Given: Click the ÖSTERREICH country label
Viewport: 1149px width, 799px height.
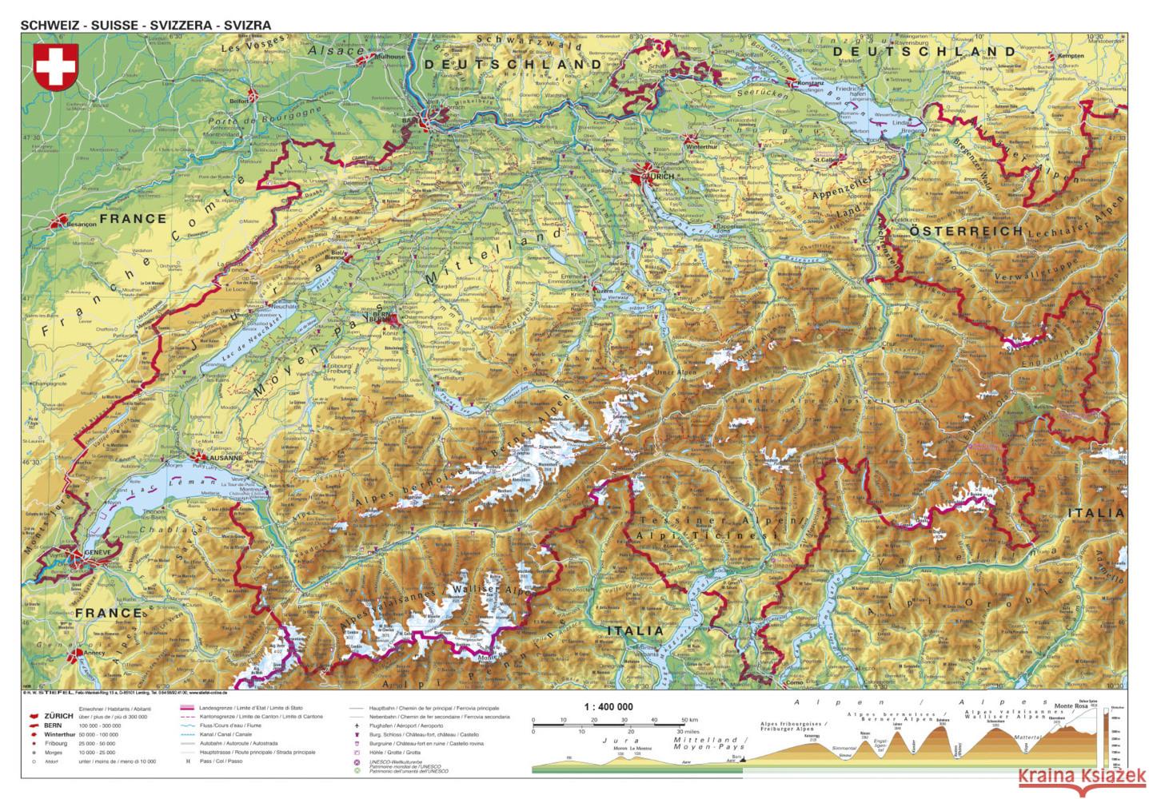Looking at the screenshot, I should (x=967, y=231).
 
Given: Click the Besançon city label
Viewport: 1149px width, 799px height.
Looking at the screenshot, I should (x=77, y=225).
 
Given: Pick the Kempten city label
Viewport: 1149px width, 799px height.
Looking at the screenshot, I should (x=1069, y=56).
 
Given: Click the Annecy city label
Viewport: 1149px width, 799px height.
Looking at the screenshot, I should (x=96, y=654).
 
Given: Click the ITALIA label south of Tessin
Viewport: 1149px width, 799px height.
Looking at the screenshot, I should (x=636, y=630).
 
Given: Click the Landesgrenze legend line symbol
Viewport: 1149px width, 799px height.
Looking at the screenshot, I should (x=191, y=709).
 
